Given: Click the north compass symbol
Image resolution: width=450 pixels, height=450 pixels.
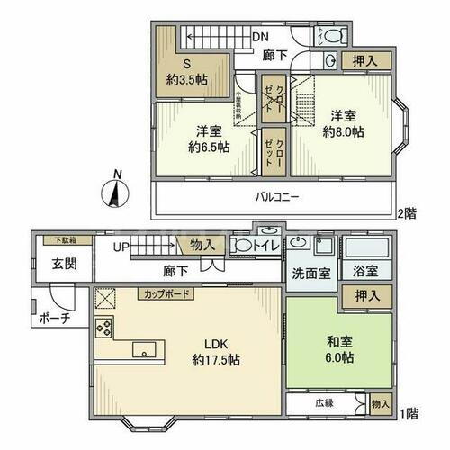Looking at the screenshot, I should tap(114, 191).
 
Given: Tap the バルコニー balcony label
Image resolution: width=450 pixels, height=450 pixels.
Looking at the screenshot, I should tap(276, 196).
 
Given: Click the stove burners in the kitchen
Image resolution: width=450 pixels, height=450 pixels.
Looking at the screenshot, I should tap(103, 327).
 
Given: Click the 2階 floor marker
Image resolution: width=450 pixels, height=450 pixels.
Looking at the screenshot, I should tap(407, 213).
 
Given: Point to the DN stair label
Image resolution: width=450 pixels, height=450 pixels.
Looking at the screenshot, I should tap(259, 37).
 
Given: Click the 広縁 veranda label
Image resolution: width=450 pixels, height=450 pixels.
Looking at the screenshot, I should tap(324, 403).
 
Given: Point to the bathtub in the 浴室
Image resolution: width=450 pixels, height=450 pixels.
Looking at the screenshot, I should tap(366, 247).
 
